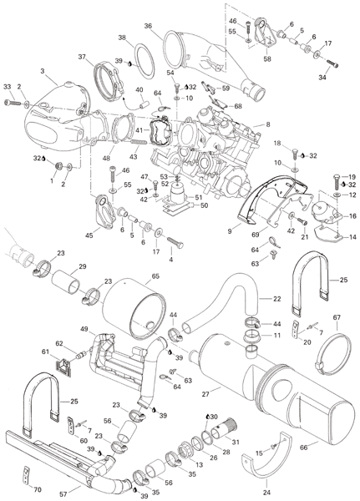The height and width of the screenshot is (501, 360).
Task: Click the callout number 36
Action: pyautogui.click(x=148, y=26)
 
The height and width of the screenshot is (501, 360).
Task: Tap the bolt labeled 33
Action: pyautogui.click(x=13, y=103)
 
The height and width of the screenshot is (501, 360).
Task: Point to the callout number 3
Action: pyautogui.click(x=43, y=71)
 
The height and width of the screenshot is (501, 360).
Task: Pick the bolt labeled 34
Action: pyautogui.click(x=332, y=64)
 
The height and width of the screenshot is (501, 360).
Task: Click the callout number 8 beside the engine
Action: pyautogui.click(x=268, y=124)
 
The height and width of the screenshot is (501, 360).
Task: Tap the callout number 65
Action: pyautogui.click(x=155, y=276)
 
